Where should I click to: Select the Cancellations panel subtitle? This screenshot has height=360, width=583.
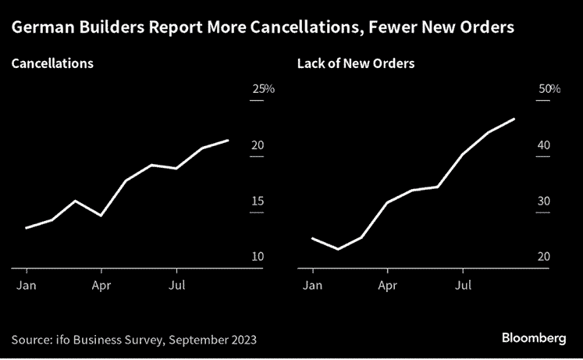(52, 63)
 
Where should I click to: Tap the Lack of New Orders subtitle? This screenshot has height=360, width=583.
(356, 63)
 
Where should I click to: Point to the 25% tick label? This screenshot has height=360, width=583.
(263, 90)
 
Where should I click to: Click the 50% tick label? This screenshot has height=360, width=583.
(549, 90)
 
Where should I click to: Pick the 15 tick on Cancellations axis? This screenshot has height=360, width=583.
(258, 201)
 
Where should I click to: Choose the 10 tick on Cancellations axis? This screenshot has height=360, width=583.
(258, 257)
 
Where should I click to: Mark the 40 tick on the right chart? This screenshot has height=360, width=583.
(544, 145)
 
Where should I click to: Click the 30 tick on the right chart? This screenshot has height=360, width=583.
(544, 201)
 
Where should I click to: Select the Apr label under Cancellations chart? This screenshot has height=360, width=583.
(101, 286)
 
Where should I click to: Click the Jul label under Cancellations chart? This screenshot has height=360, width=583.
(176, 286)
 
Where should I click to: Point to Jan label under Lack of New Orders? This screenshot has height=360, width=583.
(312, 286)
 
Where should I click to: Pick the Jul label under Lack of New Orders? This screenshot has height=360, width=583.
(463, 286)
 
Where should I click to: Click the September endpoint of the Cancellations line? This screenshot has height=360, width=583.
(227, 141)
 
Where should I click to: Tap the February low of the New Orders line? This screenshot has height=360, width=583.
(338, 249)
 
